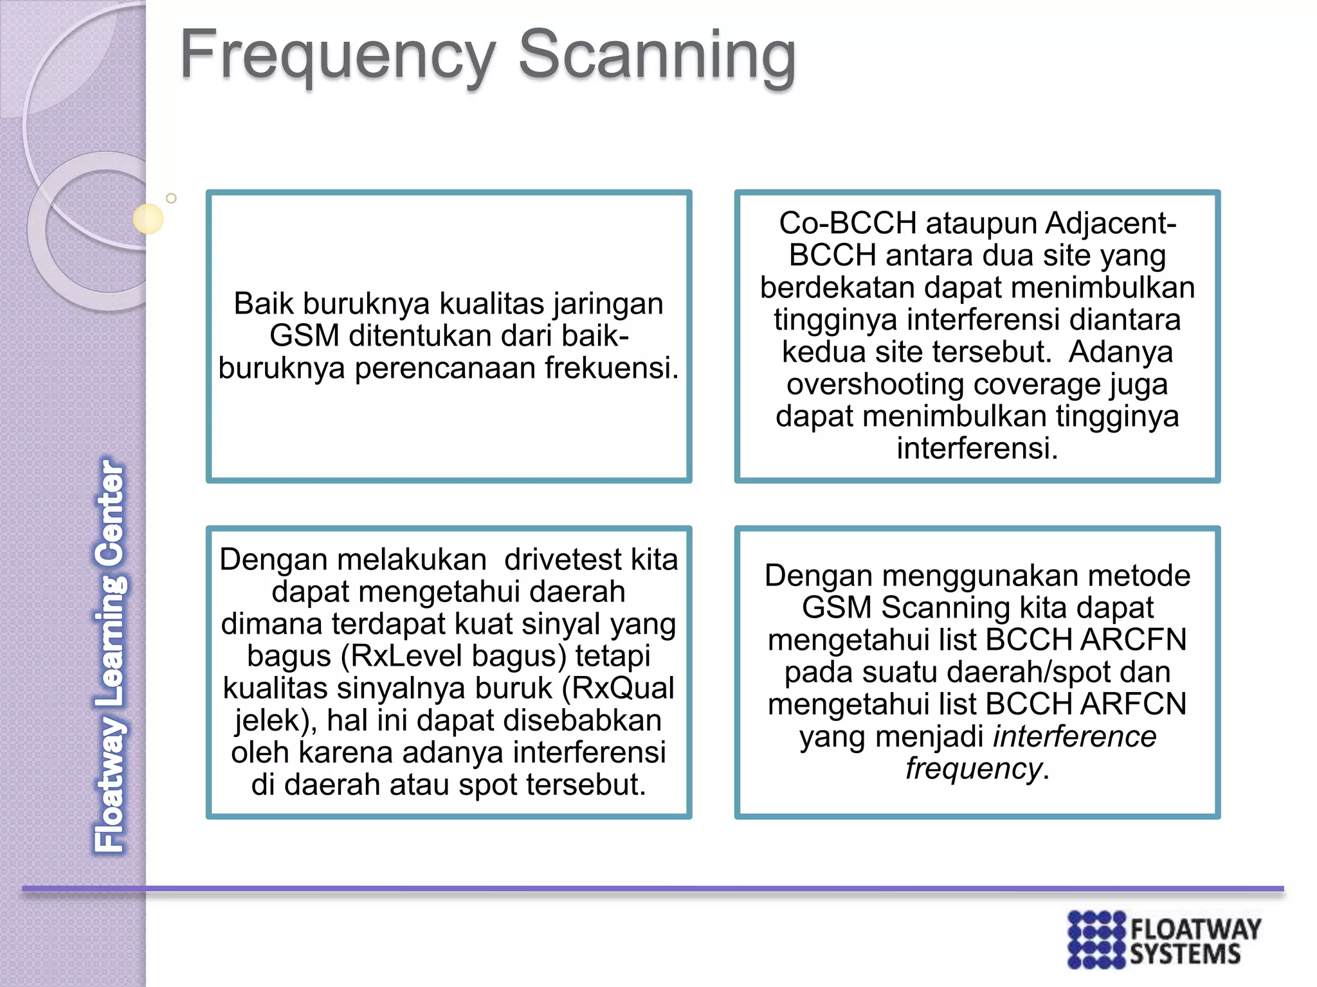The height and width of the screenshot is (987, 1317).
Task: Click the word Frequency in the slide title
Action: tap(338, 57)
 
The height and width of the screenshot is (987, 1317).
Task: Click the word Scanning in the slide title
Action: tap(657, 57)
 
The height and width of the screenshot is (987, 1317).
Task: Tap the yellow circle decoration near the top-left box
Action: tap(148, 218)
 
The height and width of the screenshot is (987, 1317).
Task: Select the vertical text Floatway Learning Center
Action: tap(110, 655)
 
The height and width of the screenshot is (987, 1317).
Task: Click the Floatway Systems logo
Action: tap(1163, 939)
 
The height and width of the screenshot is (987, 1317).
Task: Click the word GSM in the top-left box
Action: tap(304, 336)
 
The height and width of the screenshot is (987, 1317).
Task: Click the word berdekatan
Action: tap(837, 288)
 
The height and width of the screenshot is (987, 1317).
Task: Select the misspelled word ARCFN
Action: tap(1132, 640)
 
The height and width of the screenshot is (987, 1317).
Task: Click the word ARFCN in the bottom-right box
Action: tap(1132, 704)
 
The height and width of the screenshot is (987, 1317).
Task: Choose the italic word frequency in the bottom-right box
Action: tap(973, 769)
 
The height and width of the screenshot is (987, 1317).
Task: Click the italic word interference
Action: tap(1075, 736)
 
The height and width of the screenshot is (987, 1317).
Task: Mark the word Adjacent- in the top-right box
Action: tap(1111, 224)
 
